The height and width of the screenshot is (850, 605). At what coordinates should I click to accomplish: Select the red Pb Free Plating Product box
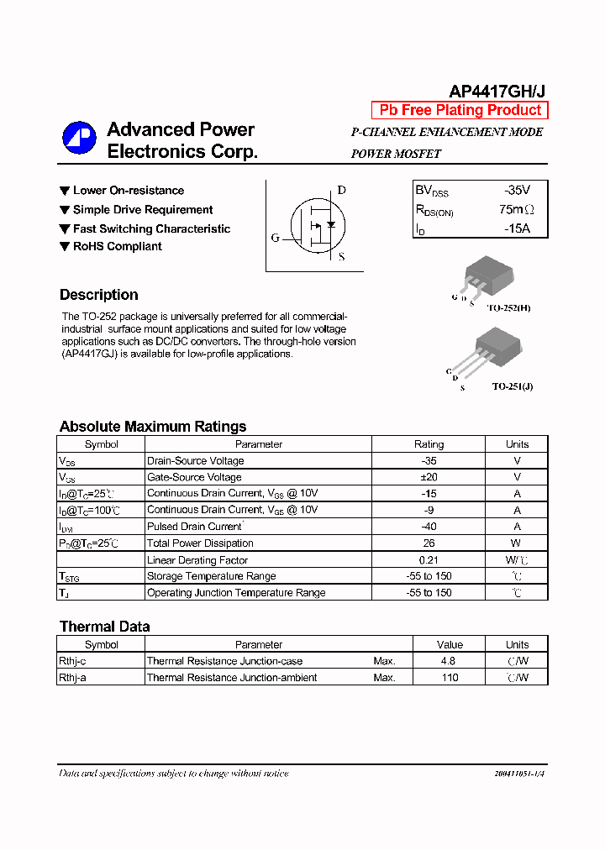coord(460,111)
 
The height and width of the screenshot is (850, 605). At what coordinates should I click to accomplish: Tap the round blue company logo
coord(79,139)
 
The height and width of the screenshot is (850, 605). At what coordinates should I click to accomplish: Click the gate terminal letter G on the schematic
coord(275,238)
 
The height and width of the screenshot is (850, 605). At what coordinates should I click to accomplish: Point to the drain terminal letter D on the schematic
coord(341,190)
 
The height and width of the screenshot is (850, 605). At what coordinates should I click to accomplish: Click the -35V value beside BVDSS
coord(517,191)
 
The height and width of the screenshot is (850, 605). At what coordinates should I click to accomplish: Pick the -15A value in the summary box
coord(517,228)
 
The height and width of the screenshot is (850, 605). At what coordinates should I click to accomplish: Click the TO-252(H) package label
coord(511,308)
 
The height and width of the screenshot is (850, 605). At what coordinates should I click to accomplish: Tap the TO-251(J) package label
coord(512,386)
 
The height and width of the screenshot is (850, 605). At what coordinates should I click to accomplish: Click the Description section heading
coord(99,295)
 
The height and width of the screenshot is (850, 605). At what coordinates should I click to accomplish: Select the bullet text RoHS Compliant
coord(117,246)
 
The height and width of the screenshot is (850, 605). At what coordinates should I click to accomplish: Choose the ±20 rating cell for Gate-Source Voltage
coord(429,477)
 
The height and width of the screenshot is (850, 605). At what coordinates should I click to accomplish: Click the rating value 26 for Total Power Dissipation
coord(429,543)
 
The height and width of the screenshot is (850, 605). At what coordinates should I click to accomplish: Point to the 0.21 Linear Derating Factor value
coord(429,560)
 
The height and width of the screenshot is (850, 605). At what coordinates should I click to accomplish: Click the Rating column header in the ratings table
coord(429,444)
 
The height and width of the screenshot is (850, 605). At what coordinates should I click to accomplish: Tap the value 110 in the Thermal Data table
coord(450,678)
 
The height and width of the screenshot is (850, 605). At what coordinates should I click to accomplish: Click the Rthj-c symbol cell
coord(72,662)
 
